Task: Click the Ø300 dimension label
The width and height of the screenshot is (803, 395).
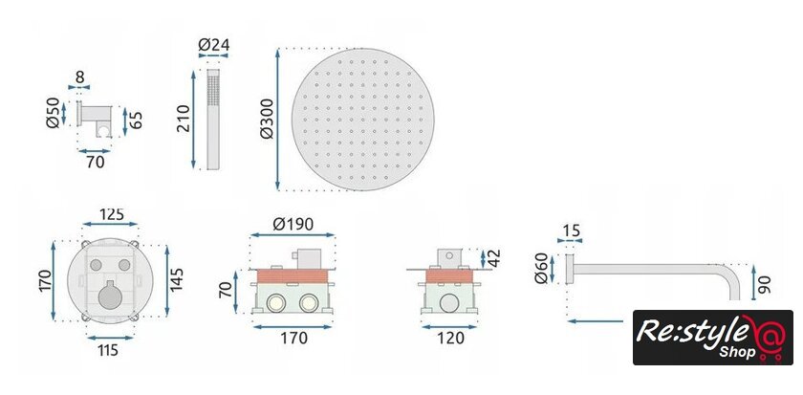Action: tap(267, 119)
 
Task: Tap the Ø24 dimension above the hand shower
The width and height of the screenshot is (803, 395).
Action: tap(213, 45)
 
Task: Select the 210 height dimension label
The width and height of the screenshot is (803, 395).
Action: tap(184, 119)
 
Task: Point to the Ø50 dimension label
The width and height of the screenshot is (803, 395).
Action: tap(53, 113)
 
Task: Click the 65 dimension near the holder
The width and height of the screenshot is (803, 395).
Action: tap(136, 120)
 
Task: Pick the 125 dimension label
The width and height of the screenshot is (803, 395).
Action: tap(112, 214)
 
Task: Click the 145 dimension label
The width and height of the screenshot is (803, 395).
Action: tap(177, 279)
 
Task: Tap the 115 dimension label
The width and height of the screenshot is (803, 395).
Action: tap(108, 350)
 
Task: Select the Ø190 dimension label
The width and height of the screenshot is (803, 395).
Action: tap(293, 224)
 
